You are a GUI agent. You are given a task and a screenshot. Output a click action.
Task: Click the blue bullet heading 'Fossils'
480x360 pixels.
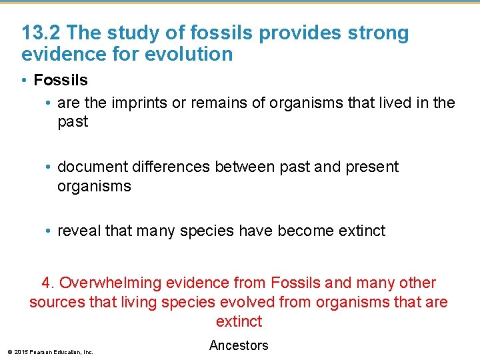(60, 80)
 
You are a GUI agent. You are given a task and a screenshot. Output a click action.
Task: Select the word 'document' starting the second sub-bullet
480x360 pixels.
(89, 167)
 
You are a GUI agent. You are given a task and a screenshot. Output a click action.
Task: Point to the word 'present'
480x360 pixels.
(372, 167)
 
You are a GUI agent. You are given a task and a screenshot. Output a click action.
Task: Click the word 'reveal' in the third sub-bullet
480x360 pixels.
(79, 231)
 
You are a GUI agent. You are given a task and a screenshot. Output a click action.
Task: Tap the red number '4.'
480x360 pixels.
(48, 283)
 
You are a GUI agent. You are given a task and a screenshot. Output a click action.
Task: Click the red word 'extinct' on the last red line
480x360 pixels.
(239, 321)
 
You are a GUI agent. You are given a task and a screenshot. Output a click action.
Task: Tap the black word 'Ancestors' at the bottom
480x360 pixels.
(239, 345)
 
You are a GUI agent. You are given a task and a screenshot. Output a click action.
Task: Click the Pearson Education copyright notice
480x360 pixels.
(50, 351)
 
